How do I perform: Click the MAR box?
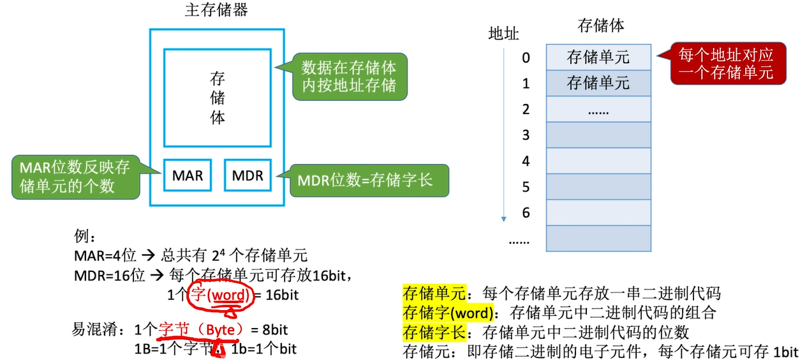pyautogui.click(x=187, y=175)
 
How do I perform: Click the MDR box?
pyautogui.click(x=248, y=175)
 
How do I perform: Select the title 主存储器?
pyautogui.click(x=216, y=10)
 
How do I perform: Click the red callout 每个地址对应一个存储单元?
pyautogui.click(x=726, y=64)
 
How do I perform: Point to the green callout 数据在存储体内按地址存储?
pyautogui.click(x=348, y=76)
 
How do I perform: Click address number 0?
pyautogui.click(x=526, y=57)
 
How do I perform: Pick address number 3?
pyautogui.click(x=526, y=135)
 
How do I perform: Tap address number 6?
pyautogui.click(x=526, y=213)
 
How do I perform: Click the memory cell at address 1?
pyautogui.click(x=598, y=83)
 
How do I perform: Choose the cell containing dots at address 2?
pyautogui.click(x=598, y=109)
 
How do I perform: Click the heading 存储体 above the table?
pyautogui.click(x=600, y=26)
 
